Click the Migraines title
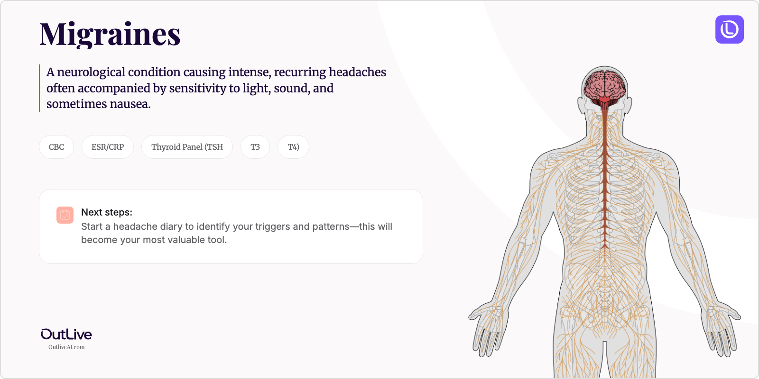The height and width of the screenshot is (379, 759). point(110,35)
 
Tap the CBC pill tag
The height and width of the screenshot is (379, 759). point(56,147)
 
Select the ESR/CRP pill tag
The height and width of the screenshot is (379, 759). point(107,147)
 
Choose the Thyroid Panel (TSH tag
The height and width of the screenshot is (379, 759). point(187,147)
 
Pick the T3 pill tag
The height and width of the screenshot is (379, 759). point(255,147)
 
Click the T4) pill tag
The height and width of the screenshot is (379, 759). point(293,147)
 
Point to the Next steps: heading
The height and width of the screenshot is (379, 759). point(107,212)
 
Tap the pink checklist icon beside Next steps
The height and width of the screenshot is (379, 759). point(65,215)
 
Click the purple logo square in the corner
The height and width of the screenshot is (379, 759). point(730,29)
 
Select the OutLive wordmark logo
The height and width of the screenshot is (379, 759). point(66,334)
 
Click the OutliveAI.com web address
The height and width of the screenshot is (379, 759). point(66,347)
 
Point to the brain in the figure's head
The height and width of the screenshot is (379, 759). point(605,86)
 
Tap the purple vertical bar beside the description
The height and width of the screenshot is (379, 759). point(39,88)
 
